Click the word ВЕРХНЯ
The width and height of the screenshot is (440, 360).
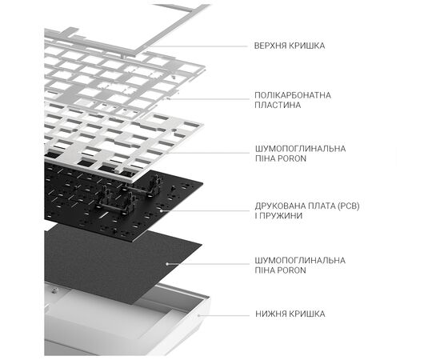pos(270,46)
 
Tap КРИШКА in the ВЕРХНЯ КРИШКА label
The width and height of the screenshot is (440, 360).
pos(306,46)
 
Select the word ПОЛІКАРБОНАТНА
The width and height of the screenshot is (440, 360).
pos(293,95)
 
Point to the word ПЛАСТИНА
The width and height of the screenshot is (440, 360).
pos(278,105)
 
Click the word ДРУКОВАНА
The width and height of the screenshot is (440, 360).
pos(280,206)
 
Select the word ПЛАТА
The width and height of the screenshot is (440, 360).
pos(322,206)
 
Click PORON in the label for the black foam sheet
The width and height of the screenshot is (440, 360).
pos(292,270)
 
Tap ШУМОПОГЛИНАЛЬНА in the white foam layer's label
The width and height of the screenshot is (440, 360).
pos(300,149)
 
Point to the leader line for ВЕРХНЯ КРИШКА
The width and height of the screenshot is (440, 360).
pos(198,46)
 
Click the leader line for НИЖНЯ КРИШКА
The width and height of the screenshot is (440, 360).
pos(224,315)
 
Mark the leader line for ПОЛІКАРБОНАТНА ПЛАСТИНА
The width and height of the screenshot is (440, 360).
pos(209,98)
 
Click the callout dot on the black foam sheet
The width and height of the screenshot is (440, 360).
pos(167,264)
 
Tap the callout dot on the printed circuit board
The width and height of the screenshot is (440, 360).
pos(161,210)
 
